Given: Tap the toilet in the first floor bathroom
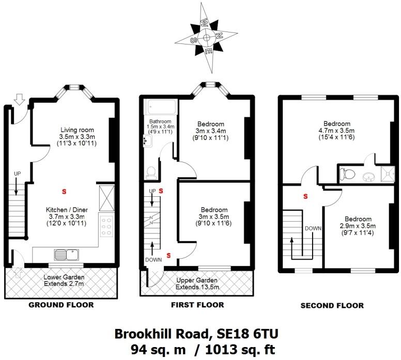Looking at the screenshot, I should pyautogui.click(x=151, y=171).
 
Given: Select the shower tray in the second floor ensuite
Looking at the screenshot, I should pyautogui.click(x=388, y=174).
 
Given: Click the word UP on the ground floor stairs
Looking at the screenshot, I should pyautogui.click(x=17, y=174).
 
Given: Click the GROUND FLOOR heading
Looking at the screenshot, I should pyautogui.click(x=61, y=305).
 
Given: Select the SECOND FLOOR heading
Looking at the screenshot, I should pyautogui.click(x=332, y=305).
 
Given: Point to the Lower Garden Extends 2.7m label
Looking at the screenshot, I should pyautogui.click(x=64, y=280).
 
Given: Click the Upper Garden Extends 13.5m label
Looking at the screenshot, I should pyautogui.click(x=197, y=283).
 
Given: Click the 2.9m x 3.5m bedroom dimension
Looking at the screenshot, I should pyautogui.click(x=357, y=226).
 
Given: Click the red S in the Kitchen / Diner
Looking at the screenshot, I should pyautogui.click(x=64, y=192).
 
